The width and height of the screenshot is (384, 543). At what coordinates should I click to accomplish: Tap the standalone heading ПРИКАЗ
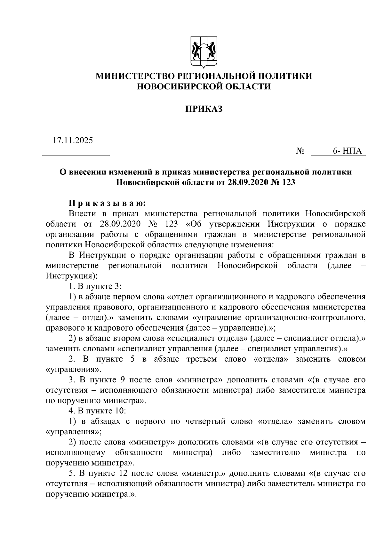pos(204,109)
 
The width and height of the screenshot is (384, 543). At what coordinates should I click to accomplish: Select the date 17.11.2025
pos(73,140)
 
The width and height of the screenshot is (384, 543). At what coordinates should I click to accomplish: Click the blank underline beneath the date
pos(76,156)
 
